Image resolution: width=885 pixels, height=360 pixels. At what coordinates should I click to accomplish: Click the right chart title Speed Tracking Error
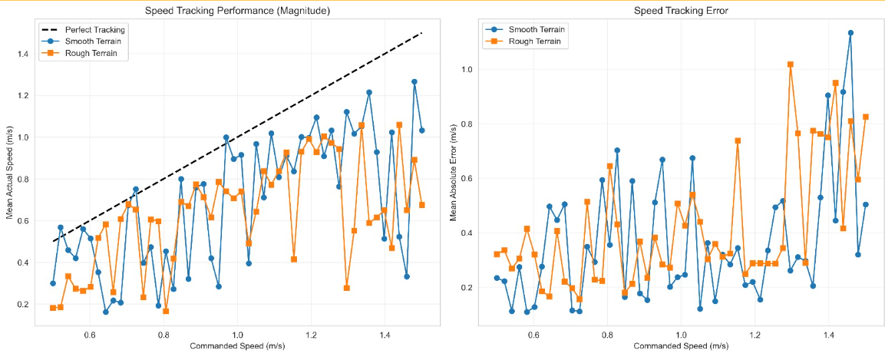[x=681, y=11]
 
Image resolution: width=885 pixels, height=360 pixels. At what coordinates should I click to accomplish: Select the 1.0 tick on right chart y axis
[x=466, y=69]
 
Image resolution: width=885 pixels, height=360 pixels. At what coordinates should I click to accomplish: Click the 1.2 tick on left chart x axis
[x=311, y=335]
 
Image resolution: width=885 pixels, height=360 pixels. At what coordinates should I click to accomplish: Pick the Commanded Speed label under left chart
[x=237, y=346]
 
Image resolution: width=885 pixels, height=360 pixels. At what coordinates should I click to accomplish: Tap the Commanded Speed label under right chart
[x=681, y=346]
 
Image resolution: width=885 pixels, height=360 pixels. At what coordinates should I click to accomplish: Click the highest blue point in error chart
[x=850, y=33]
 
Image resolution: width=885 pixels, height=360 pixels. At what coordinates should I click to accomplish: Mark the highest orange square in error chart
[x=791, y=64]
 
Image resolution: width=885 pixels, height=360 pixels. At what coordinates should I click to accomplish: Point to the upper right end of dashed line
[x=422, y=33]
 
